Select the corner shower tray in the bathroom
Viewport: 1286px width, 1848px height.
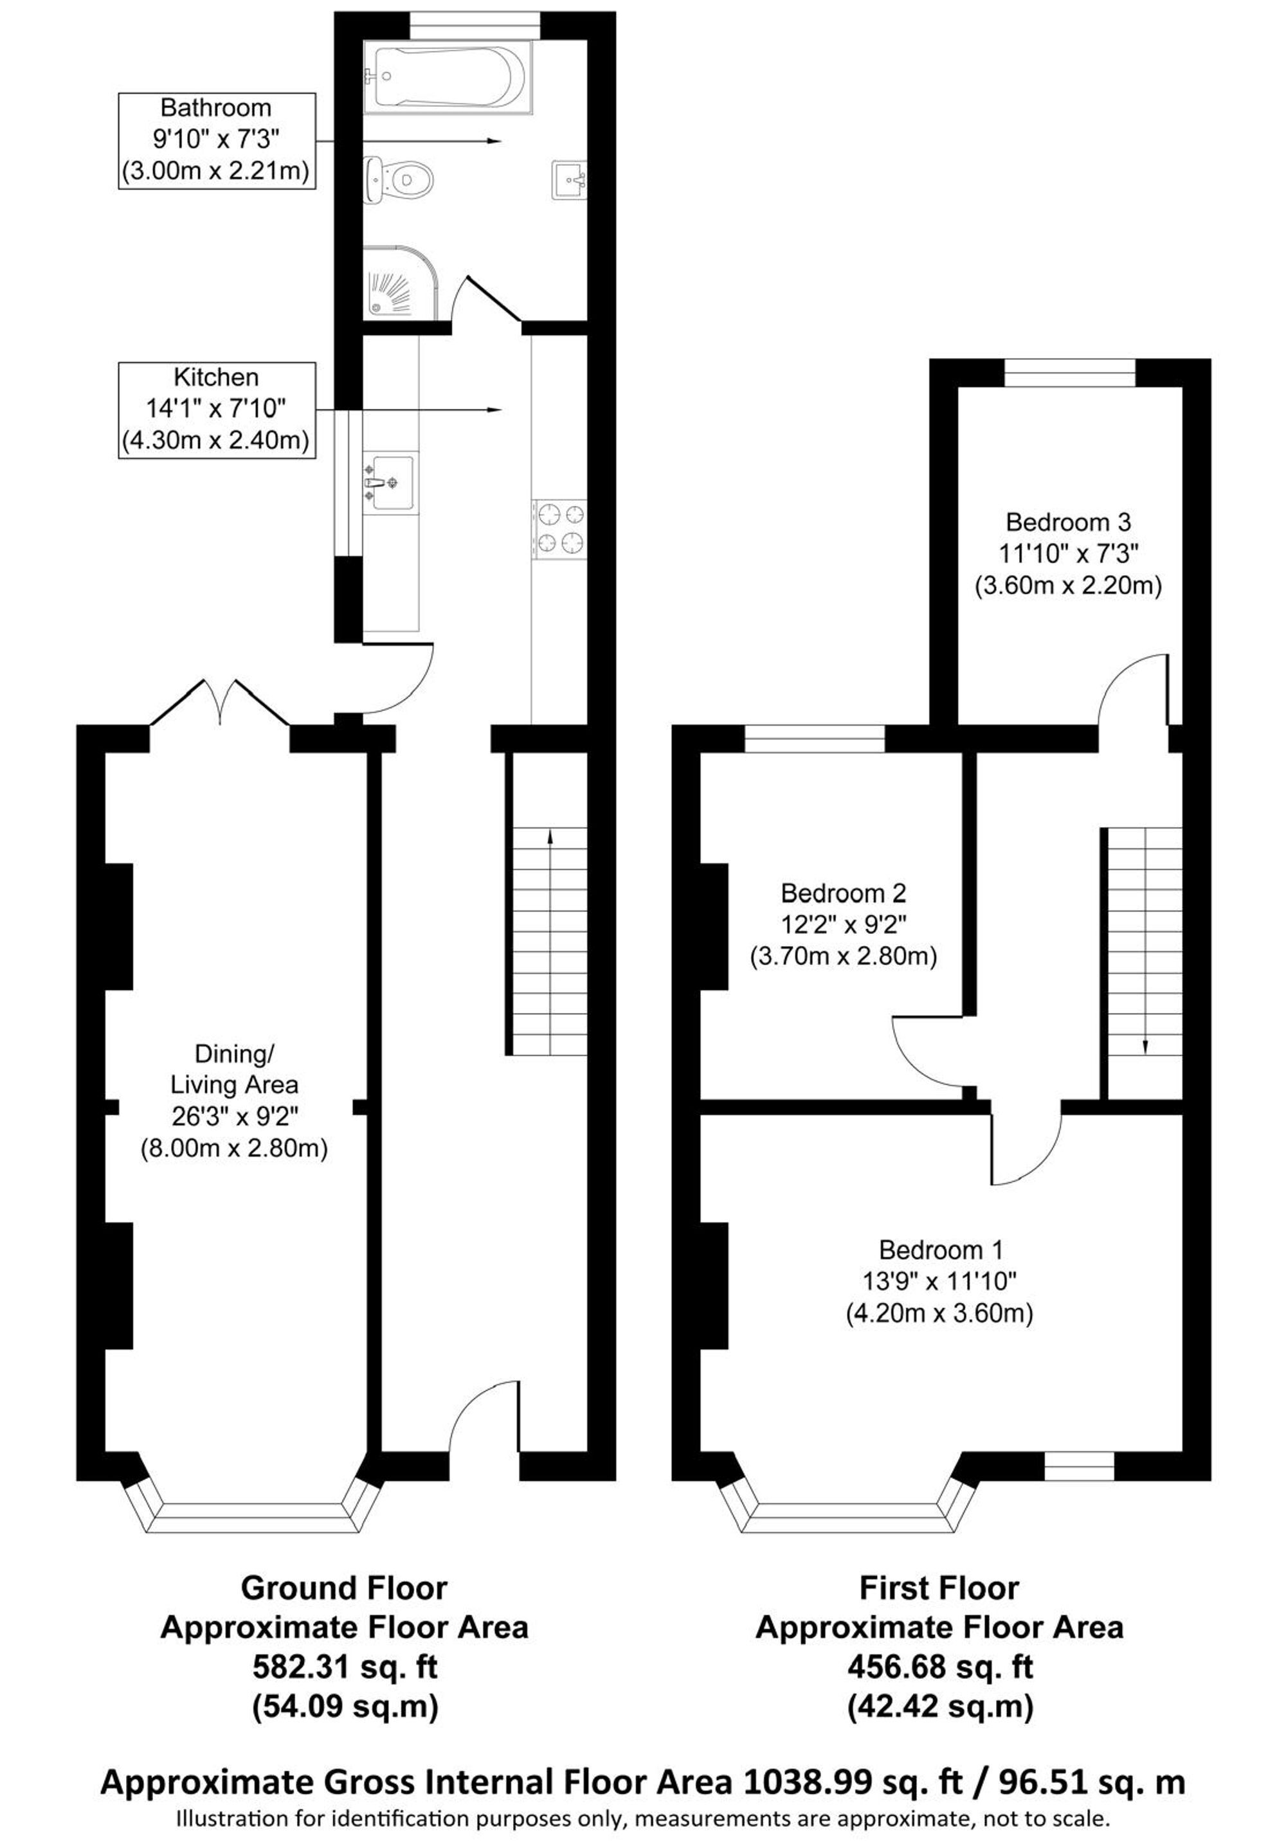(400, 282)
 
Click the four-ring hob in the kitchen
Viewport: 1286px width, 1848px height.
(559, 529)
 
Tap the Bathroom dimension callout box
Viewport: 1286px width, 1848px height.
(217, 141)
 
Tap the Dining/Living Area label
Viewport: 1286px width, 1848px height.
(233, 1099)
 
